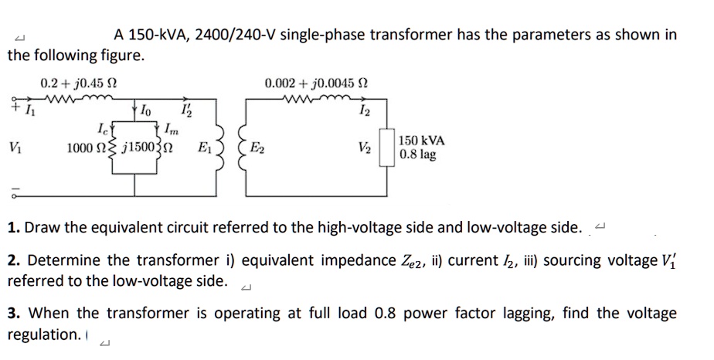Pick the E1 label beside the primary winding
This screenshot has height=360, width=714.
point(205,147)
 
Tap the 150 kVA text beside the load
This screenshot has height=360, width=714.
point(421,141)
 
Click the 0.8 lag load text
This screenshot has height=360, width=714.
point(418,155)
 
